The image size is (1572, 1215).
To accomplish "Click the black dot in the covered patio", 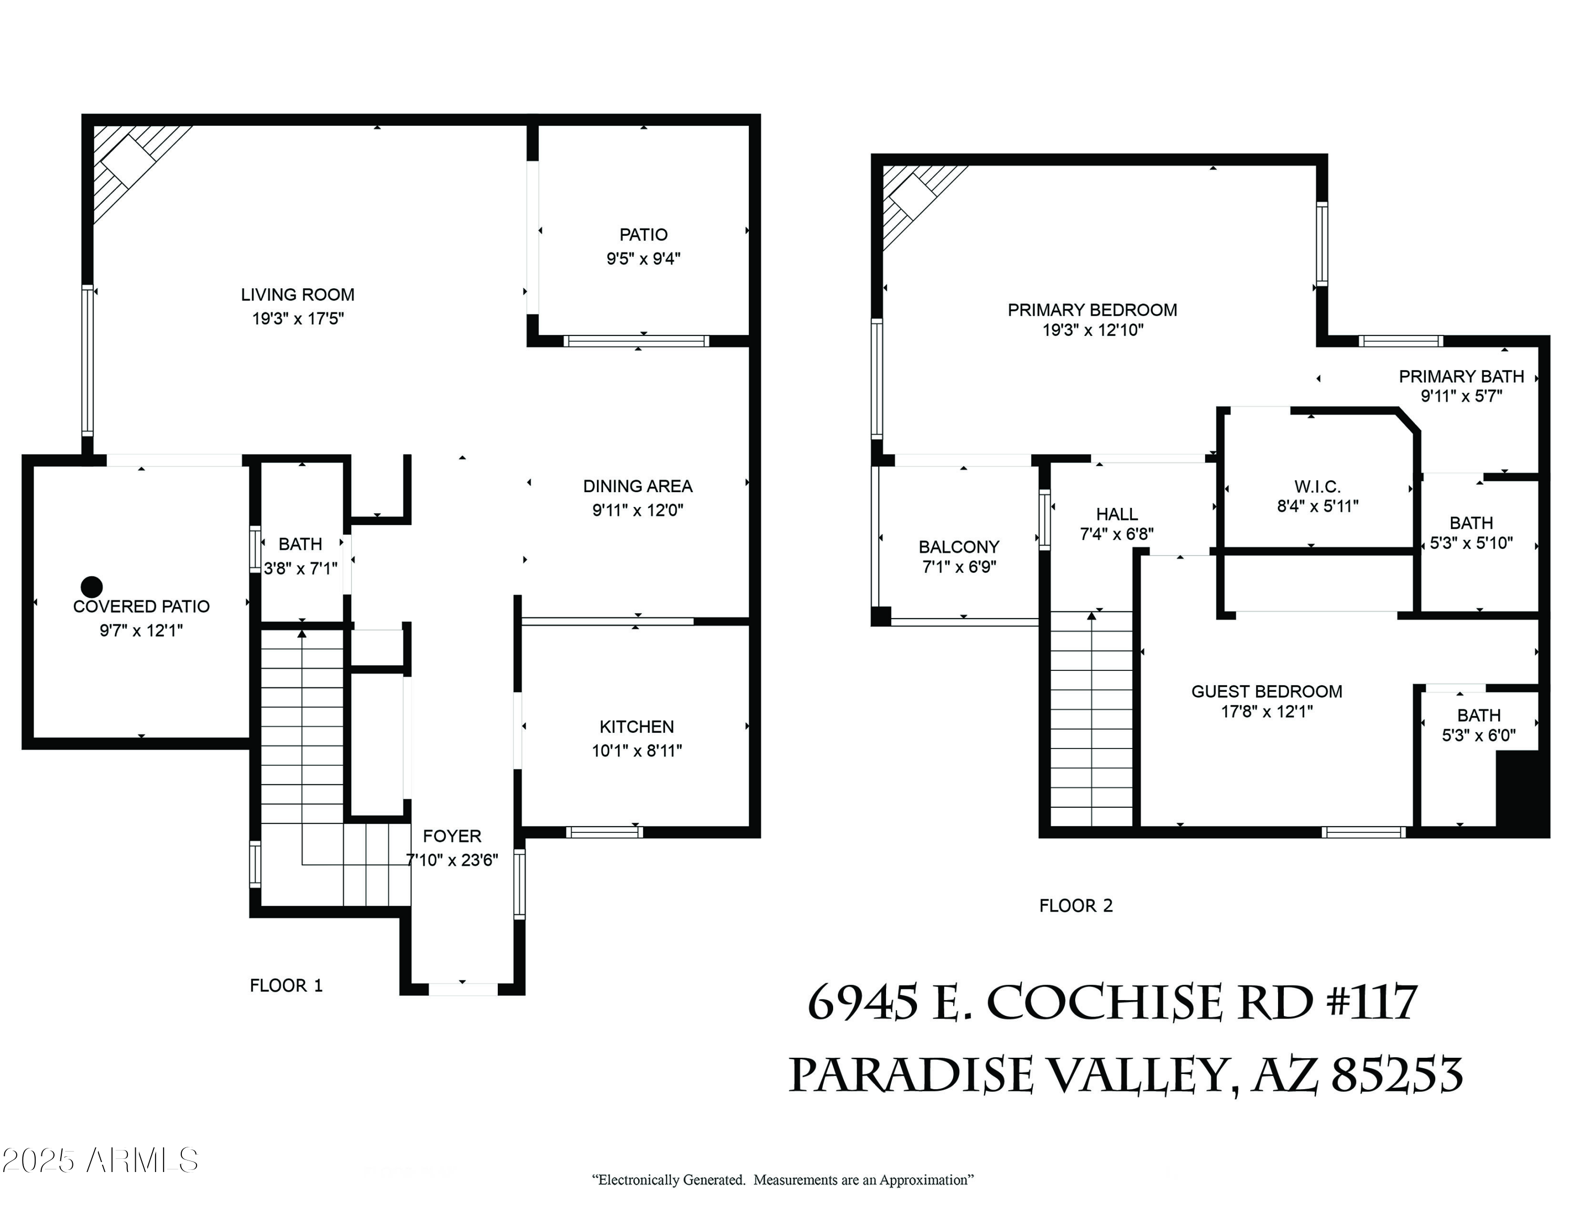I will pos(91,586).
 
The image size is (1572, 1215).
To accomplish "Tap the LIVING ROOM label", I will pos(297,295).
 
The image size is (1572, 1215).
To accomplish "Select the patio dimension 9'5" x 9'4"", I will pos(643,258).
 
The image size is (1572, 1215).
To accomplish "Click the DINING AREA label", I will pos(637,486).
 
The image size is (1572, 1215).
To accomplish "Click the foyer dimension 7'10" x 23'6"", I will pos(452,860).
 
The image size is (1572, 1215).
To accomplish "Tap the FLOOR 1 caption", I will pos(286,985).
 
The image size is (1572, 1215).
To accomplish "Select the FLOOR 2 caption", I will pos(1075,906).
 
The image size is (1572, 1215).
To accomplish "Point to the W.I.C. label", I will pos(1317,486).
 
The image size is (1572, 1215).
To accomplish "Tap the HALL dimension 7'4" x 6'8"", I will pos(1116,534).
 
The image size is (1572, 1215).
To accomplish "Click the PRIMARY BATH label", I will pos(1460,376).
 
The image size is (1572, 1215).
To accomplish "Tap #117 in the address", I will pos(1371,1002).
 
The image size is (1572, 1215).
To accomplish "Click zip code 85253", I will pos(1396,1076).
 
